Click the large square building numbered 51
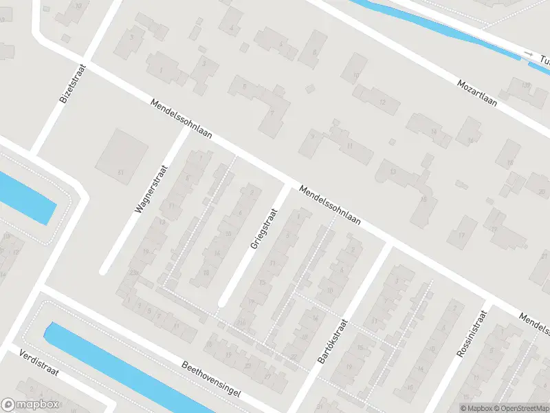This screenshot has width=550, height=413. click(122, 151)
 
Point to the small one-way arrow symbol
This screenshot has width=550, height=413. click(528, 53)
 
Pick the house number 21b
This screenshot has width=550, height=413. click(241, 322)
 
